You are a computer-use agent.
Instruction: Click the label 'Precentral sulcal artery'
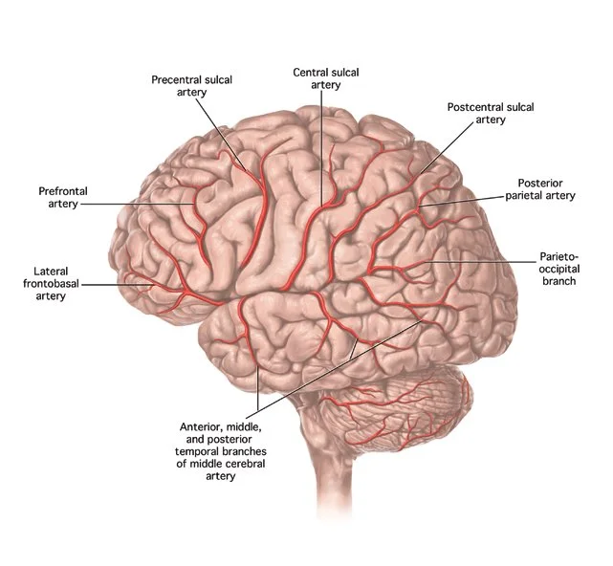point(191,86)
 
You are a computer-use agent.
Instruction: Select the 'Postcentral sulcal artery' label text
point(490,114)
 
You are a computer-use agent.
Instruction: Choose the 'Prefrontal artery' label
point(63,198)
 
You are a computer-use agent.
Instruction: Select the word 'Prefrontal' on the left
point(63,191)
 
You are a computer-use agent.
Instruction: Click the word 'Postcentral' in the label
point(474,107)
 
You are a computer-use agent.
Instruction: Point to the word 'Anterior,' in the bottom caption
point(203,425)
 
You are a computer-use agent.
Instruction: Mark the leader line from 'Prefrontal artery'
point(143,204)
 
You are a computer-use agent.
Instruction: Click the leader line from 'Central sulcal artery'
point(322,143)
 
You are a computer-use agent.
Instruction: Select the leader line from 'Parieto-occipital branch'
point(478,260)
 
